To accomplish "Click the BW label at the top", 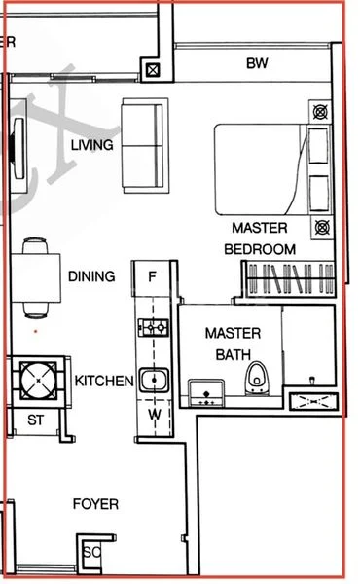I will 257,65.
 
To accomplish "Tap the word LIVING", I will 92,145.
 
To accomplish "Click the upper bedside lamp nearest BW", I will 320,110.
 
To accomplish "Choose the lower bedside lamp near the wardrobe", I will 321,227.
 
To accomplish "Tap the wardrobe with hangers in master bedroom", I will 286,281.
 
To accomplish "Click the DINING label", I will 91,276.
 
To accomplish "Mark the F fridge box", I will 152,276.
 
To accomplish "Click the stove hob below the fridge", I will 152,328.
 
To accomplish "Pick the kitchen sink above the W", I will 153,380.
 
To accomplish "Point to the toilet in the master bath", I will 258,380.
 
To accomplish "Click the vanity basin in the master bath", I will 206,392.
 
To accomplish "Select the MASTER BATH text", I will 233,343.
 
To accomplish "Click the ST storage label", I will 36,420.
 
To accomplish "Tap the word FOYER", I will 96,504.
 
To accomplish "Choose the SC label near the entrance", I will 92,552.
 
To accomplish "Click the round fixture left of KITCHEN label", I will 35,380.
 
